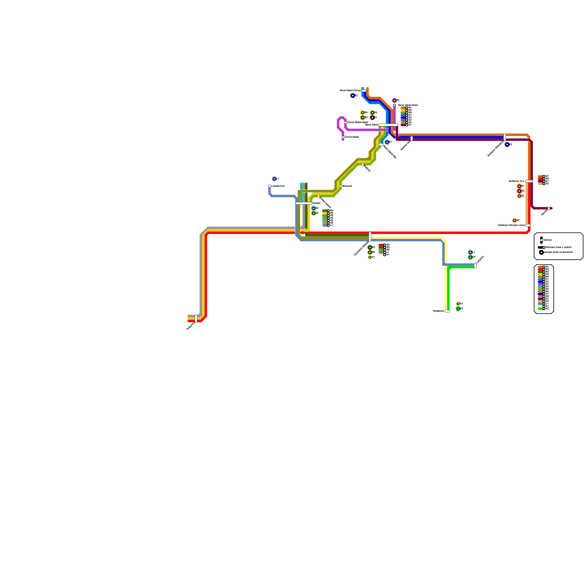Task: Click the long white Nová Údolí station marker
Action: [x=388, y=125]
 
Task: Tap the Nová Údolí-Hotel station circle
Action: [x=394, y=105]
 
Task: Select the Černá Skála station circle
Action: [x=343, y=137]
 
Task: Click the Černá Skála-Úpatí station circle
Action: [x=345, y=122]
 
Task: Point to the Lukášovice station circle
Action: [x=269, y=186]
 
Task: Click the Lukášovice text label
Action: [x=278, y=186]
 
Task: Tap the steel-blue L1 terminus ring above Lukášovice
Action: [x=274, y=179]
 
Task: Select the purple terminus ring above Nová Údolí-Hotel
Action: [x=394, y=100]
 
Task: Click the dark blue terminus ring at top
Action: [x=353, y=96]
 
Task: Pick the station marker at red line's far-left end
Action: [x=196, y=318]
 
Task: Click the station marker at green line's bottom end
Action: [x=447, y=311]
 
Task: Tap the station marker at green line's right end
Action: [x=475, y=266]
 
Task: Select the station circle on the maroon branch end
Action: [x=549, y=208]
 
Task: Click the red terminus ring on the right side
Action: [x=519, y=191]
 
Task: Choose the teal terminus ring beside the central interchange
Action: [x=313, y=208]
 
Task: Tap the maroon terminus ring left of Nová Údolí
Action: [x=372, y=118]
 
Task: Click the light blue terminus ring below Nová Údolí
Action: [x=387, y=142]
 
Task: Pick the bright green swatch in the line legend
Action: [x=540, y=309]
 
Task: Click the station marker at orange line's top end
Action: [x=364, y=90]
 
